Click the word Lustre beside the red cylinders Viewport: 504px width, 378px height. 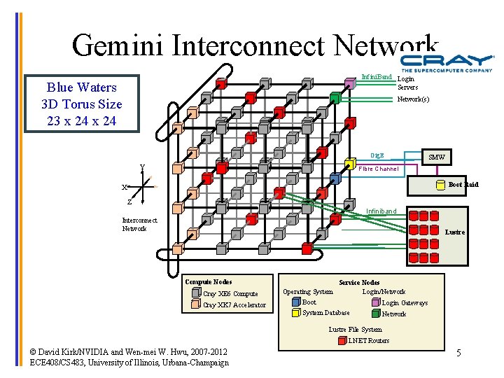pyautogui.click(x=455, y=232)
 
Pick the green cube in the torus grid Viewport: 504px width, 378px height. pyautogui.click(x=335, y=98)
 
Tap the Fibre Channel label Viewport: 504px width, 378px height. pyautogui.click(x=378, y=169)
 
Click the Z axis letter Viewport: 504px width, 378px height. pyautogui.click(x=129, y=202)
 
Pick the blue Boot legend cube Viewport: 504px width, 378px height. pyautogui.click(x=295, y=302)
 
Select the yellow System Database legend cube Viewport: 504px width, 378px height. pyautogui.click(x=295, y=313)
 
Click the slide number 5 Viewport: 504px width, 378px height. pyautogui.click(x=458, y=352)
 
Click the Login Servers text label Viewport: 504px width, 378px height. pyautogui.click(x=407, y=83)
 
